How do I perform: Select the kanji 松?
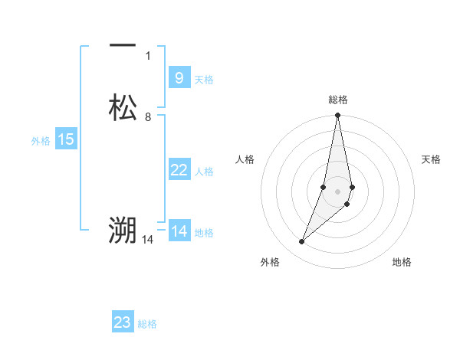point(123,107)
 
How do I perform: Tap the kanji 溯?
point(123,229)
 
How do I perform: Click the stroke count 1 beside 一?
point(148,56)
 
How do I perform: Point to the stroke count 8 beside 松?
point(148,116)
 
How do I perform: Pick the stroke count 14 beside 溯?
point(149,240)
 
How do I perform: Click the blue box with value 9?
point(179,78)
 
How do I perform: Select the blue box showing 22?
point(179,170)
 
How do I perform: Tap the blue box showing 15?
point(66,139)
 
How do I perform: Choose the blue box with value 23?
point(123,322)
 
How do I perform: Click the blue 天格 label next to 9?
point(204,80)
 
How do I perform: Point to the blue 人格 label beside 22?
point(204,172)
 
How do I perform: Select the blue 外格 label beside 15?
point(41,141)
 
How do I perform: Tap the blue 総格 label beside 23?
point(147,324)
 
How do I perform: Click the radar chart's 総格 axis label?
point(338,100)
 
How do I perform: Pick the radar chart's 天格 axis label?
point(432,159)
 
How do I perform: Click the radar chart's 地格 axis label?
point(402,262)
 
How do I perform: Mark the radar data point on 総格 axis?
point(338,116)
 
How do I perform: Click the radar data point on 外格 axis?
point(302,242)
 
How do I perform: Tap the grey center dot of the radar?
point(338,191)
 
